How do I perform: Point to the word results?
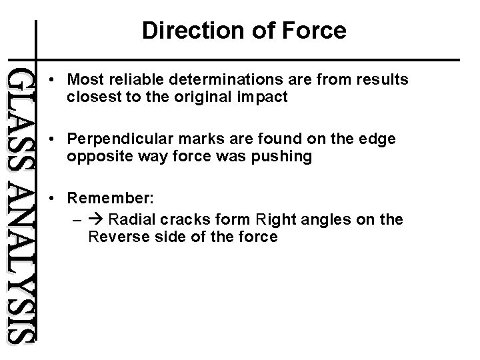click(x=382, y=80)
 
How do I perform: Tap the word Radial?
click(x=129, y=219)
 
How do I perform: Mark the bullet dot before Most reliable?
click(x=52, y=80)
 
